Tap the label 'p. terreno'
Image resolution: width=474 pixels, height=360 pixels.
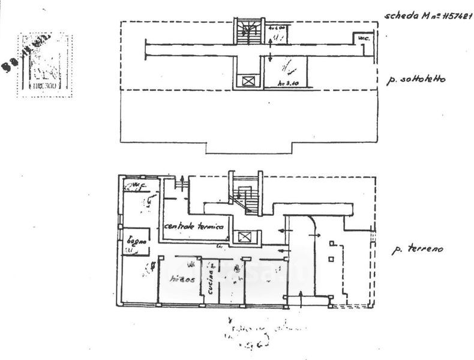417,249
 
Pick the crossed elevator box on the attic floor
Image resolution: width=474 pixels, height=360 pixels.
247,80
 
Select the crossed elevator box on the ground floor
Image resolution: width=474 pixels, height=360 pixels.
245,237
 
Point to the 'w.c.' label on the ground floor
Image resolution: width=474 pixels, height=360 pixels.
139,185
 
